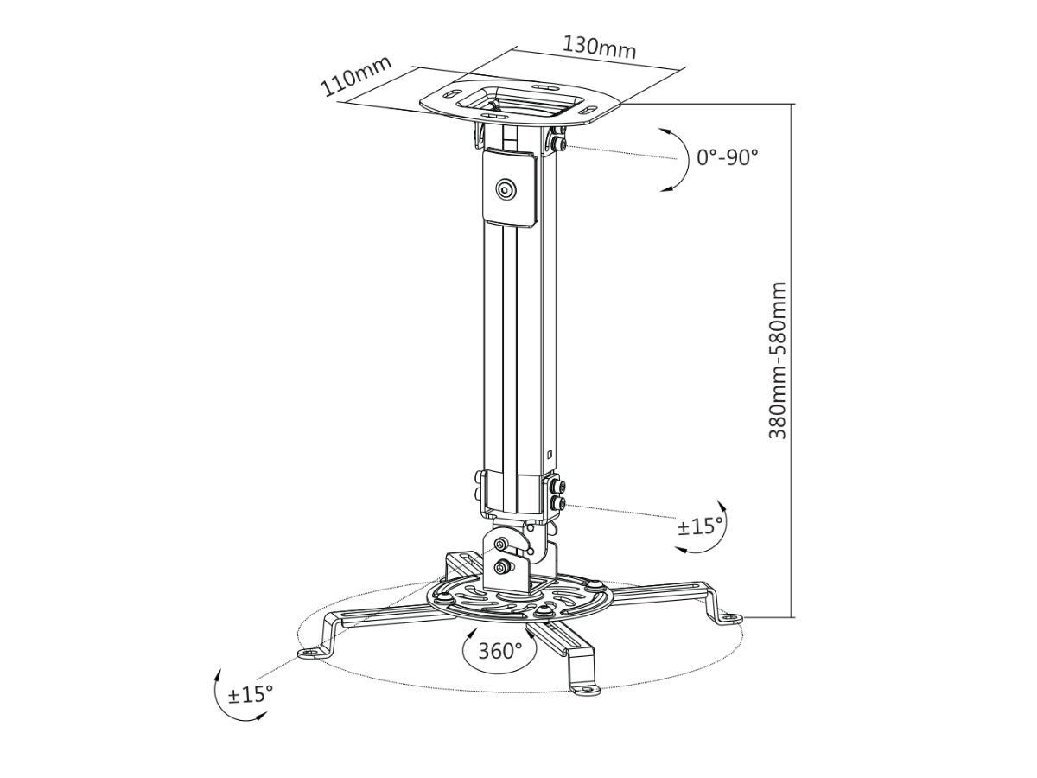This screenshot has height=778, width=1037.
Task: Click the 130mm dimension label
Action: click(x=599, y=48)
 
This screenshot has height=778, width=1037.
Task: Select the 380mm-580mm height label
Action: click(x=777, y=360)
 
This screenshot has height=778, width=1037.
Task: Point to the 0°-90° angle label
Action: click(x=727, y=157)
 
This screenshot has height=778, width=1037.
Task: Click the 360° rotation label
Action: click(x=500, y=651)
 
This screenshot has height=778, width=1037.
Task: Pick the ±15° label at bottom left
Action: click(x=251, y=693)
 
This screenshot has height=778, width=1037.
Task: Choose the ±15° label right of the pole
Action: click(x=700, y=526)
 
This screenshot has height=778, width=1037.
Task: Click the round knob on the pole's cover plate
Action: click(x=506, y=190)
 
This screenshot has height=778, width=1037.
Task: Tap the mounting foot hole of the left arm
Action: click(x=310, y=653)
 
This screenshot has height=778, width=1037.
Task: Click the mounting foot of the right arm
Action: click(x=730, y=618)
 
